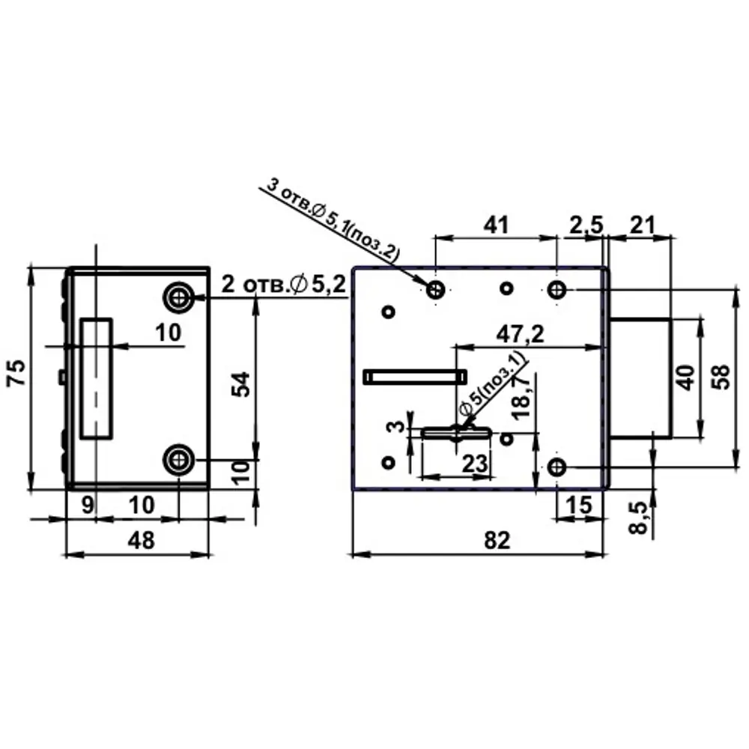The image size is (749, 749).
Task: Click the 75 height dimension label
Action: pos(17,372)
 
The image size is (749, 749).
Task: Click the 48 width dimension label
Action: pos(142,540)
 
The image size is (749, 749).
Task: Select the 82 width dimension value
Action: pos(497,540)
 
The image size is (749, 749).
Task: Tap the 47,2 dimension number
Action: pos(520,334)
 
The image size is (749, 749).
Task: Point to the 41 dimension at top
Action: pos(497,225)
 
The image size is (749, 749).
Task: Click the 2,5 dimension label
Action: pos(586,225)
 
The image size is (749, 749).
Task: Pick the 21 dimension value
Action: pos(642,225)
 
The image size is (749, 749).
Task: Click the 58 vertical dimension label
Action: pos(721,377)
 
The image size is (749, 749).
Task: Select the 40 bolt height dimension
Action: pos(686,377)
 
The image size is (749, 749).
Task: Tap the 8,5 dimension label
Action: pos(638,518)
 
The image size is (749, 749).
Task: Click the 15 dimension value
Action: pos(580,505)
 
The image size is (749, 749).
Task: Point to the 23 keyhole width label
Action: pos(475,464)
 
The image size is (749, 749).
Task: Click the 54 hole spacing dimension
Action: pos(240,384)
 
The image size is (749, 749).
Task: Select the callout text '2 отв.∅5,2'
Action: pos(284,285)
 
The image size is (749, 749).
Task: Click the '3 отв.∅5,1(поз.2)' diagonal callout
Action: pos(333,219)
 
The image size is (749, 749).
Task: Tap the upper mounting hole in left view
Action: pos(179,298)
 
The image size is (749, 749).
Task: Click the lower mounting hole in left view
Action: pos(179,460)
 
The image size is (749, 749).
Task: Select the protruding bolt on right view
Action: pos(640,377)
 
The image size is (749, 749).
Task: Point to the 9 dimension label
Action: pos(88,505)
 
